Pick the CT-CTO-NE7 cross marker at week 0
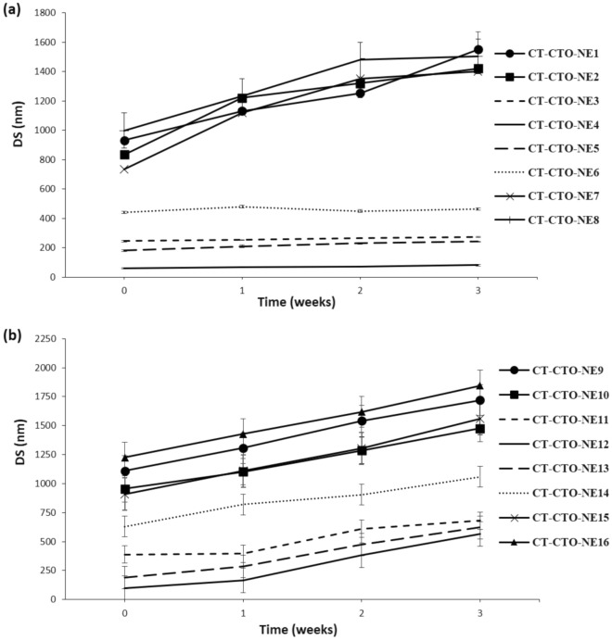[124, 169]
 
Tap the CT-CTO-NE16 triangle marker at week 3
[479, 385]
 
